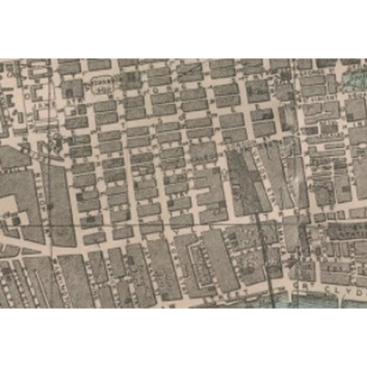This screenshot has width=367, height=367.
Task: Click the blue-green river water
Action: (x=321, y=302)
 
